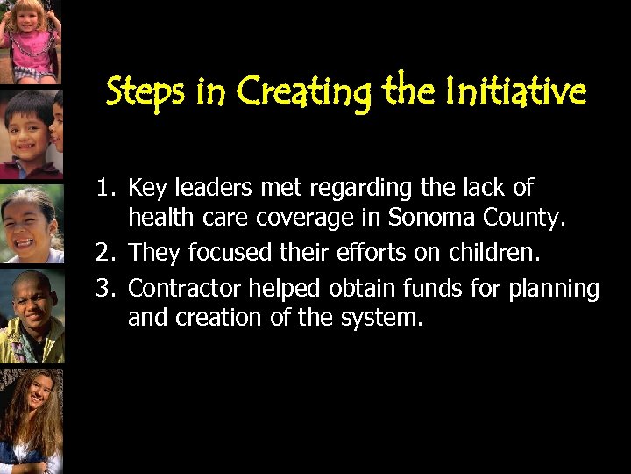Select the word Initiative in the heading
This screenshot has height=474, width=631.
(515, 91)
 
